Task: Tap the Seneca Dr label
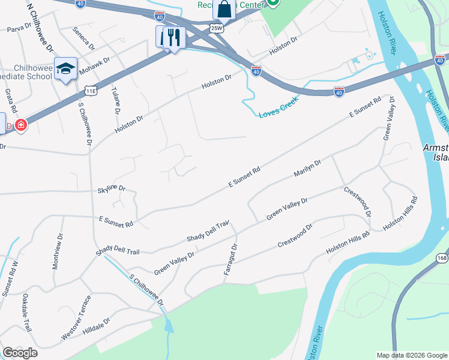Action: [x=83, y=38]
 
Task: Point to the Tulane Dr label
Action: [x=115, y=100]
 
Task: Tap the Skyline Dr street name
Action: [x=111, y=188]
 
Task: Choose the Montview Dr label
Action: [x=57, y=251]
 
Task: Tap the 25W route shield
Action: [x=216, y=28]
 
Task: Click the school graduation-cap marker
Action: [x=65, y=68]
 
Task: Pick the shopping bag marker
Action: [x=224, y=9]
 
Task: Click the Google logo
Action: [x=20, y=353]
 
